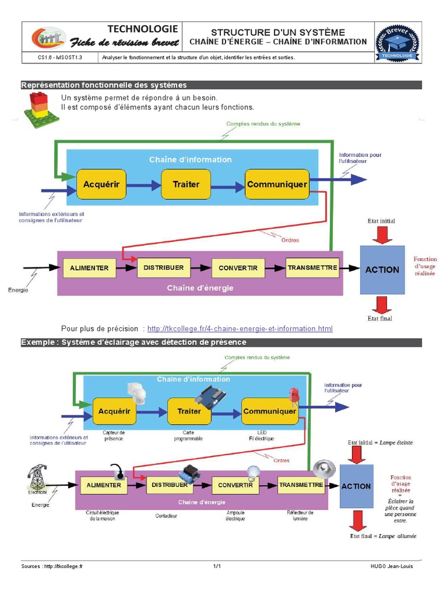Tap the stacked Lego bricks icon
coord(40,109)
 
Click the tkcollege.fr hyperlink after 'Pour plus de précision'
coord(240,328)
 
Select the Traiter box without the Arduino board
coord(186,184)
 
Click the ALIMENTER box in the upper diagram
coord(89,268)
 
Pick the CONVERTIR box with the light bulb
coord(235,485)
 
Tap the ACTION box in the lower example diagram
coord(356,486)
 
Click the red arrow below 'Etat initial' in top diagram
coord(381,235)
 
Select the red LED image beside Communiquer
coord(293,395)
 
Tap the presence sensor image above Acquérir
coord(137,396)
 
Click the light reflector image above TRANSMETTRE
coord(324,468)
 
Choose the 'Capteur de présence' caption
coord(114,435)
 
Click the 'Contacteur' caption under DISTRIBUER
coord(166,515)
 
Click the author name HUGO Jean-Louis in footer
coord(392,566)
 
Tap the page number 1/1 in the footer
coord(217,566)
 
